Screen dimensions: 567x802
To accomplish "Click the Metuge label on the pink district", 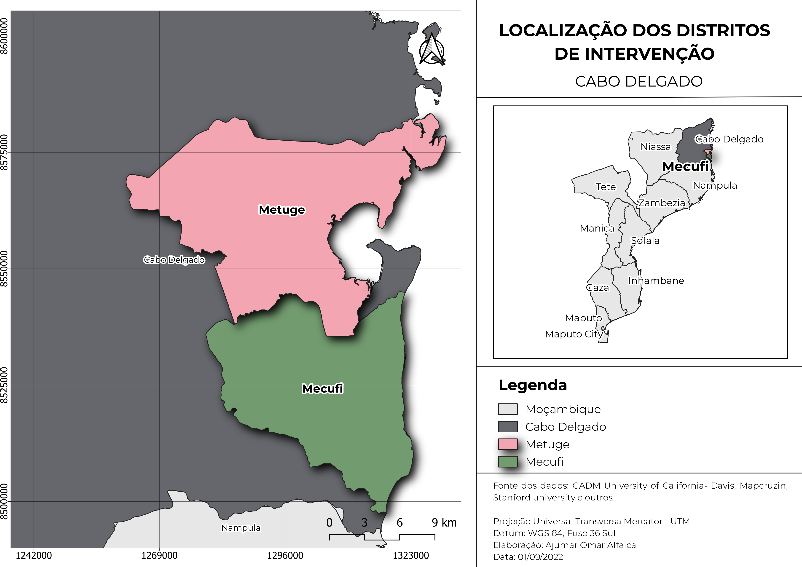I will pyautogui.click(x=282, y=210).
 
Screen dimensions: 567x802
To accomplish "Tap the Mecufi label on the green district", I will pyautogui.click(x=322, y=389).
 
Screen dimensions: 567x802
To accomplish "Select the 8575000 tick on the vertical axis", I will pyautogui.click(x=4, y=152).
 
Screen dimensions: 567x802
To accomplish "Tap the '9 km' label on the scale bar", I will pyautogui.click(x=444, y=523).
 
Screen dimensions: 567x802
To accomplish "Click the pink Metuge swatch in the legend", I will pyautogui.click(x=507, y=444).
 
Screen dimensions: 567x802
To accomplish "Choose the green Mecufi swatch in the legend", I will pyautogui.click(x=507, y=462).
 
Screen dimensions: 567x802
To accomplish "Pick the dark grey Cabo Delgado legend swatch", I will pyautogui.click(x=507, y=427).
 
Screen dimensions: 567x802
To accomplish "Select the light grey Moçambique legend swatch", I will pyautogui.click(x=507, y=409).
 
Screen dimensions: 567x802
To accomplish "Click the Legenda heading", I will pyautogui.click(x=533, y=385).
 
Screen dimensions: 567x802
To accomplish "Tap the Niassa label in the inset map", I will pyautogui.click(x=655, y=147).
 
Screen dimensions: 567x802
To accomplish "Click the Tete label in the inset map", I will pyautogui.click(x=606, y=187).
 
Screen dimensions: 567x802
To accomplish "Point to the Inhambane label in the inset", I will pyautogui.click(x=656, y=281).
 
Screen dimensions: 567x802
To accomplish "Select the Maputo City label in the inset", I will pyautogui.click(x=574, y=334).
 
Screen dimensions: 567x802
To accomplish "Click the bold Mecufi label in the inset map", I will pyautogui.click(x=685, y=166).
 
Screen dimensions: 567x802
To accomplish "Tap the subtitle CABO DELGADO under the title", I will pyautogui.click(x=638, y=81).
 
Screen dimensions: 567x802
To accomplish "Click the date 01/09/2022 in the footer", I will pyautogui.click(x=540, y=557).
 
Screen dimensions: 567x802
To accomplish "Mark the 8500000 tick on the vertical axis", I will pyautogui.click(x=4, y=501).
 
